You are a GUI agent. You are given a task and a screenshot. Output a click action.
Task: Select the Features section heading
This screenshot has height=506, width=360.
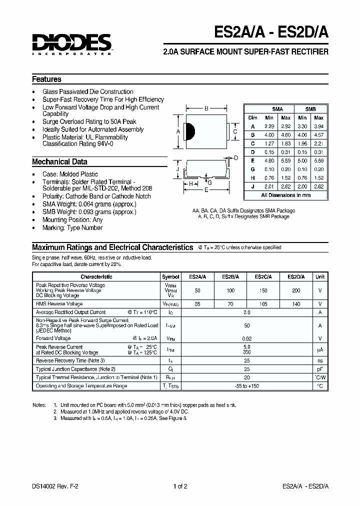pos(46,79)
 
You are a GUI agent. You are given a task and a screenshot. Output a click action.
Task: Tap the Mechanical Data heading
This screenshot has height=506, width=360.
pos(59,162)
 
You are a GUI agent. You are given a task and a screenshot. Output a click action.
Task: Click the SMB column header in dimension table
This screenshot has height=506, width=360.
pos(310,109)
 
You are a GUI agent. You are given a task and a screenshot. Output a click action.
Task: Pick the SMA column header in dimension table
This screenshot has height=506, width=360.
pos(277,109)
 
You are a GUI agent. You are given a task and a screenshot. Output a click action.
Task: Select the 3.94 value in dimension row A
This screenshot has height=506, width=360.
pos(318,127)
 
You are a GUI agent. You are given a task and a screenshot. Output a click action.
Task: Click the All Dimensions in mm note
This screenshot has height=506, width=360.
pos(286,195)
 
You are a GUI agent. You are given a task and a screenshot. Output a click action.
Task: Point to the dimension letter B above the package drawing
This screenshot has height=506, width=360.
pos(206,108)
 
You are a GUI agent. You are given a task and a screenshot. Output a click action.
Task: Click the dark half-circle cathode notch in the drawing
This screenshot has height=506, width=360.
pos(189,131)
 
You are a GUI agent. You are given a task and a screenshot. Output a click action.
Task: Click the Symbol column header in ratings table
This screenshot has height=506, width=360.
pos(170,276)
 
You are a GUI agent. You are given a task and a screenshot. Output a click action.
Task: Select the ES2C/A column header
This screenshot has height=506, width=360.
pos(263,276)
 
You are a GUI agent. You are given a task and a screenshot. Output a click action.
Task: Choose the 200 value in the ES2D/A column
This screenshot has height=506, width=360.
pos(296,290)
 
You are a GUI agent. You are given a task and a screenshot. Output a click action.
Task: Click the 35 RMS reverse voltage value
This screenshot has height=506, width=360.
pos(198,303)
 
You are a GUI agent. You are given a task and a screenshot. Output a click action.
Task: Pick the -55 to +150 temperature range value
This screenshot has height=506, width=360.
pos(246,386)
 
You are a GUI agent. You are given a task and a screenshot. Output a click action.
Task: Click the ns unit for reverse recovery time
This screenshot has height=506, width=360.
pos(320,360)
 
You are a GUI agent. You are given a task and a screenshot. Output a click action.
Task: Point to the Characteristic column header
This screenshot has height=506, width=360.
pos(96,276)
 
